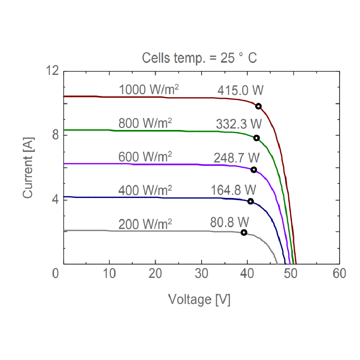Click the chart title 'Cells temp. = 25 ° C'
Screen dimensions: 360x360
click(x=199, y=58)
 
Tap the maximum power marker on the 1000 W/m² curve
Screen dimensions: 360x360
click(x=258, y=106)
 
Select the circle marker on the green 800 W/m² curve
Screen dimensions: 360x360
click(x=256, y=138)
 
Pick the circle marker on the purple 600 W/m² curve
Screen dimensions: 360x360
click(x=253, y=170)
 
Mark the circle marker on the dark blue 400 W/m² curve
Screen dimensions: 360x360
click(x=251, y=201)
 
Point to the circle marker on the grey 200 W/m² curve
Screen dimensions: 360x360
click(x=244, y=232)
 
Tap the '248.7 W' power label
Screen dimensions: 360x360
click(x=237, y=157)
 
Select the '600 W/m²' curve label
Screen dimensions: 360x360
click(x=145, y=157)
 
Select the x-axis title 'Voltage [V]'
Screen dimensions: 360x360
click(x=199, y=299)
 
